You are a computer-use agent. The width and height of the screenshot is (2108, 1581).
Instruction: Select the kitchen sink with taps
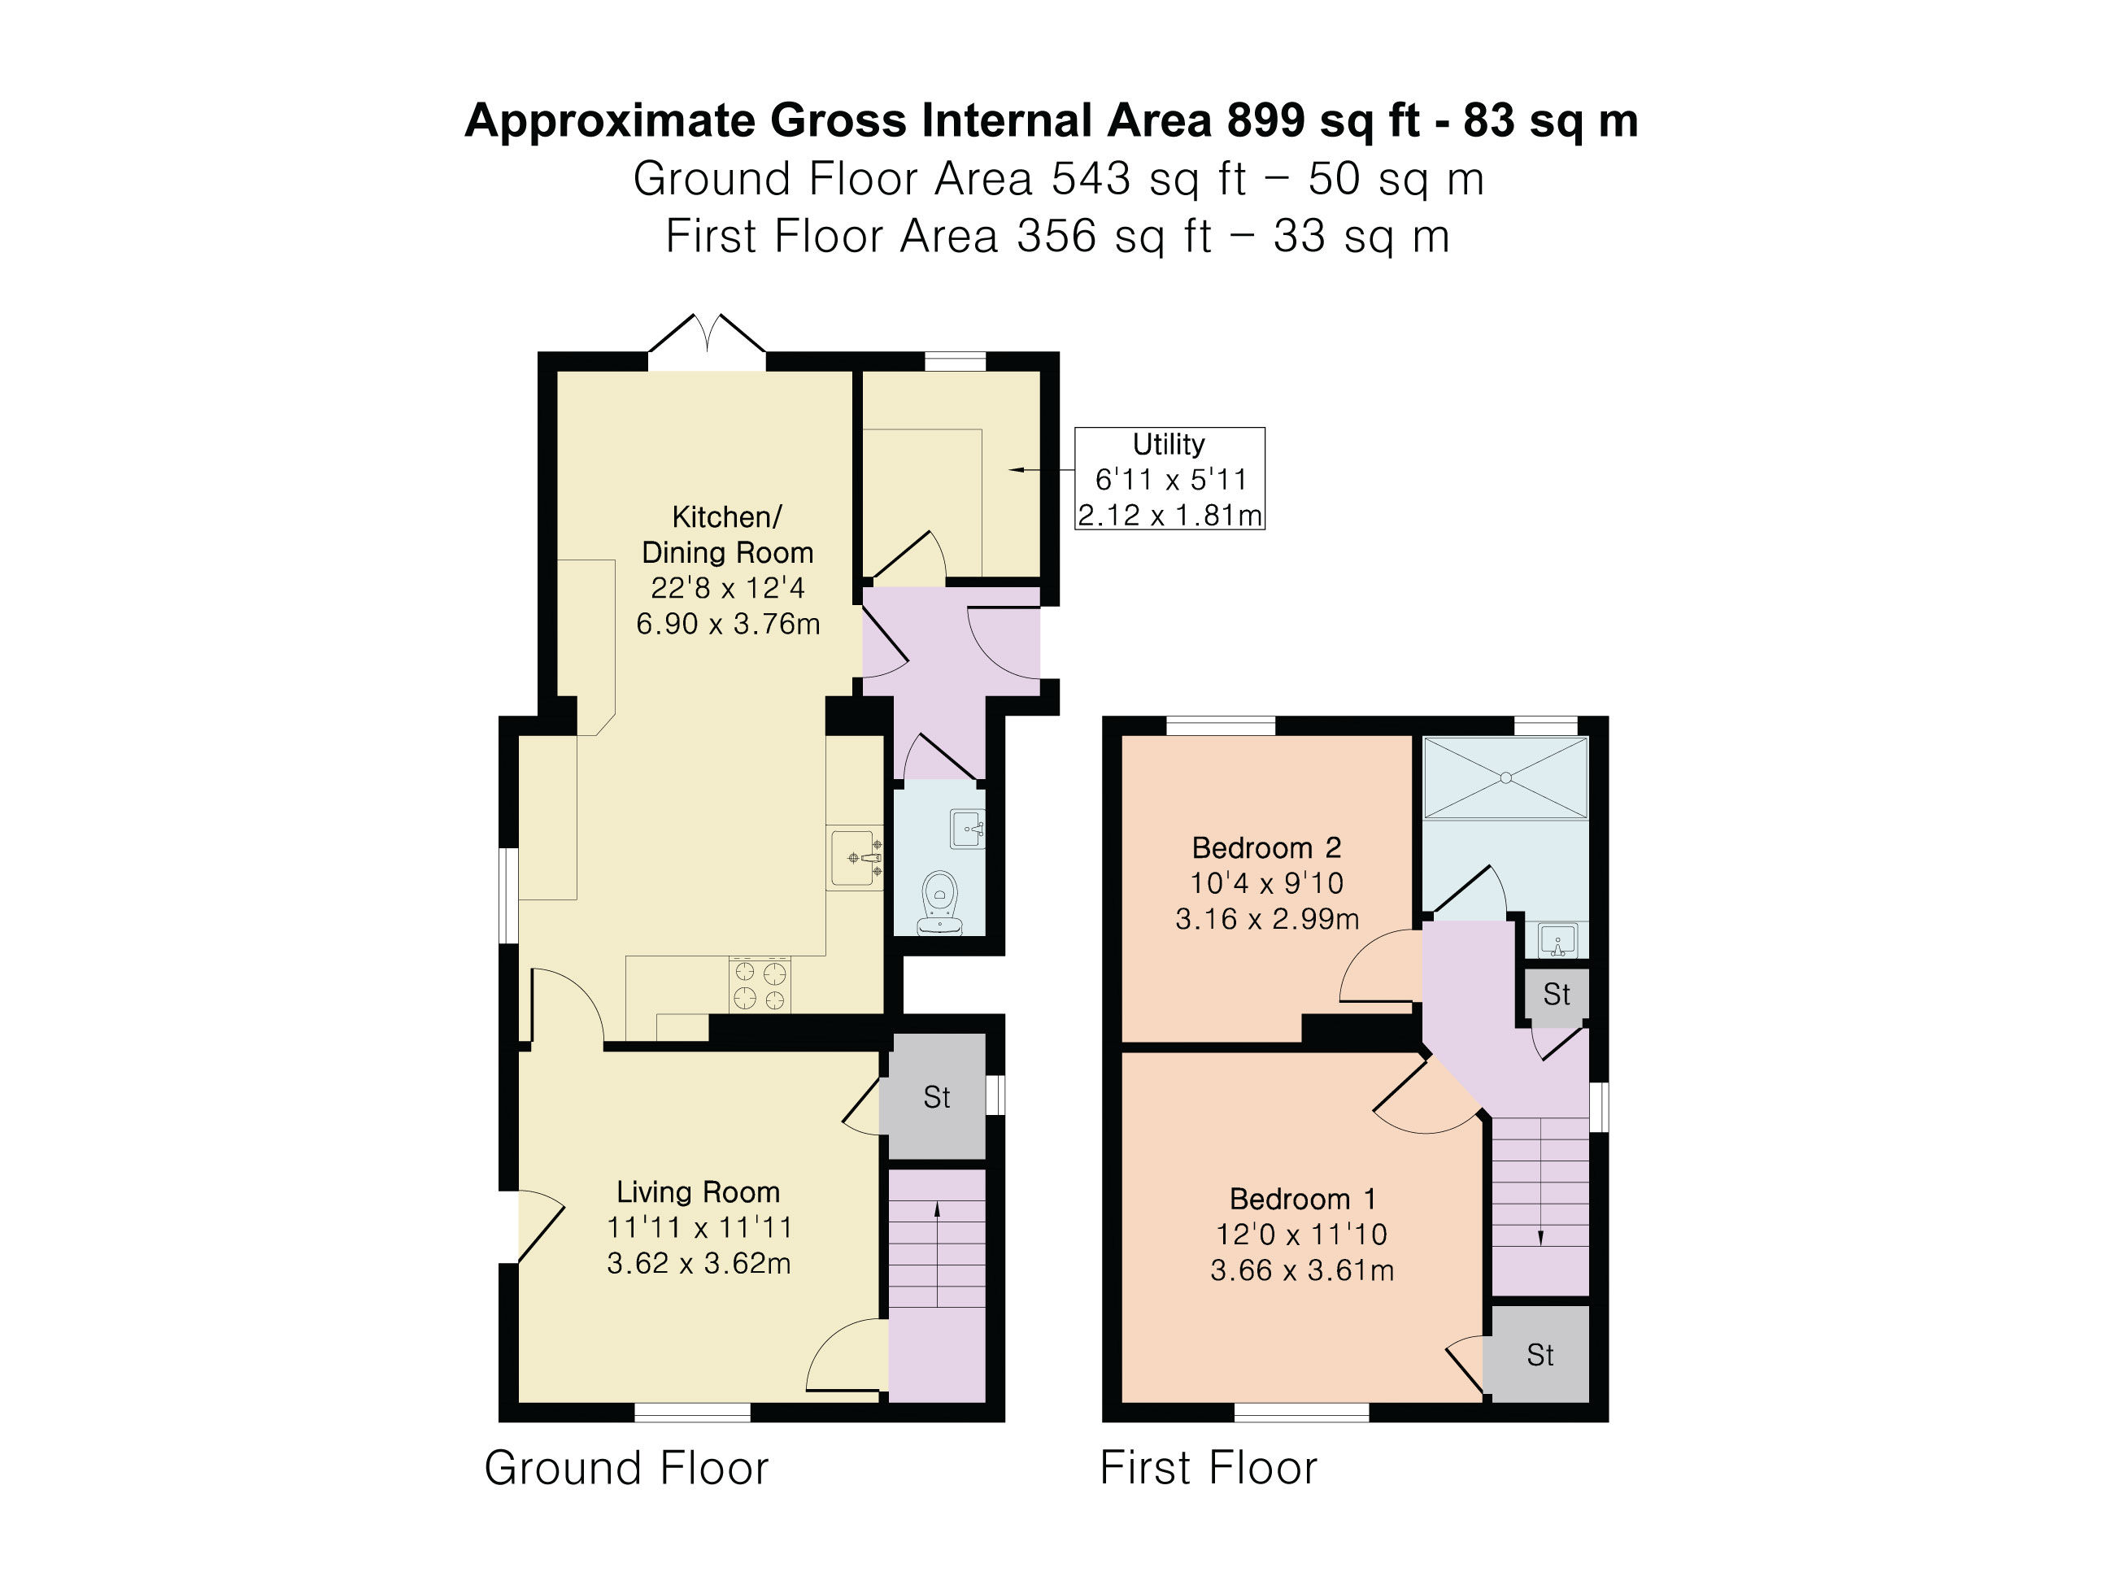[855, 858]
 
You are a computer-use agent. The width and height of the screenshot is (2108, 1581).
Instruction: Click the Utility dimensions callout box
[1169, 478]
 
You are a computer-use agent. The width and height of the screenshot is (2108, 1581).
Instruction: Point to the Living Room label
[699, 1191]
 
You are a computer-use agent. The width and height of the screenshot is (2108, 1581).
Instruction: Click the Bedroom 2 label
[1266, 847]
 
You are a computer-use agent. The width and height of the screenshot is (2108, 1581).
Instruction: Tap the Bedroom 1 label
[1303, 1198]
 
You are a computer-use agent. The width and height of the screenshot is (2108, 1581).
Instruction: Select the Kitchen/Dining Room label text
[727, 534]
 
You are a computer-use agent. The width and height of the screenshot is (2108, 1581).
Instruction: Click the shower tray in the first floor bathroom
[1505, 777]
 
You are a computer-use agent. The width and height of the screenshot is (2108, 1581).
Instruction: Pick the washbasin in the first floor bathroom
[1558, 941]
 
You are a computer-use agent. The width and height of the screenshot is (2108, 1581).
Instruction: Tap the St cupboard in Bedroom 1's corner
[1540, 1354]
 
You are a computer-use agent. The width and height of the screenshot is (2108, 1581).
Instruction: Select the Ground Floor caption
[626, 1468]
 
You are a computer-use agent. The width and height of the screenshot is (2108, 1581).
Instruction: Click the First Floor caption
[1209, 1468]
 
